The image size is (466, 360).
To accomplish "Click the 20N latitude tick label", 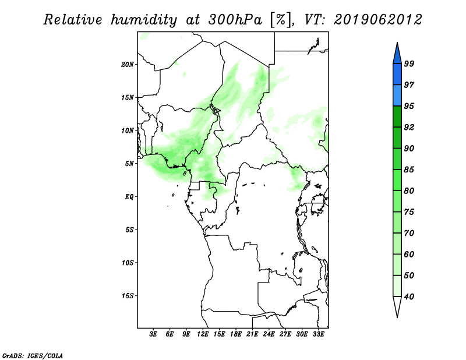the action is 128,65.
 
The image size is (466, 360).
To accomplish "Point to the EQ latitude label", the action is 129,197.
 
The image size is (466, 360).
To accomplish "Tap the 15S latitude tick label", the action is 128,296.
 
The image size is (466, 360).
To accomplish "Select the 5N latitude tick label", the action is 129,164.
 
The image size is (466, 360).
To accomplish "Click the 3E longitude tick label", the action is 153,334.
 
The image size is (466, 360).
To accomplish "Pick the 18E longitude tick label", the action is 236,334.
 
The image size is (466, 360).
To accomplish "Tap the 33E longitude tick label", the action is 318,334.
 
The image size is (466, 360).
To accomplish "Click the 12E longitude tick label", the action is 203,334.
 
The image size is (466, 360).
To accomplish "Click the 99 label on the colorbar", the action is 409,63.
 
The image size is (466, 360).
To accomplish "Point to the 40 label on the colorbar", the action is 409,297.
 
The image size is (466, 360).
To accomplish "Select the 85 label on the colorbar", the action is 409,170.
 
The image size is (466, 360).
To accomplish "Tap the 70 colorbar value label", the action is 409,233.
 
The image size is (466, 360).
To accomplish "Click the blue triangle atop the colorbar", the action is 397,55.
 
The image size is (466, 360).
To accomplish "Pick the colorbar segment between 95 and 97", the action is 397,96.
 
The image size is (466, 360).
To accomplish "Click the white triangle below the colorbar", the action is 397,306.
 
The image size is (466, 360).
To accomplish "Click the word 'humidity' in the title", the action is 144,20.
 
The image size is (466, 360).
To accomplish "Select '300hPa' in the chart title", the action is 235,20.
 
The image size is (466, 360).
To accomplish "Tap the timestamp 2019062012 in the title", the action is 377,20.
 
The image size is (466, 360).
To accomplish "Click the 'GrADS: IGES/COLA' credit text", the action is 33,355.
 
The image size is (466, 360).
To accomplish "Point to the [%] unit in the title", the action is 281,20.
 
